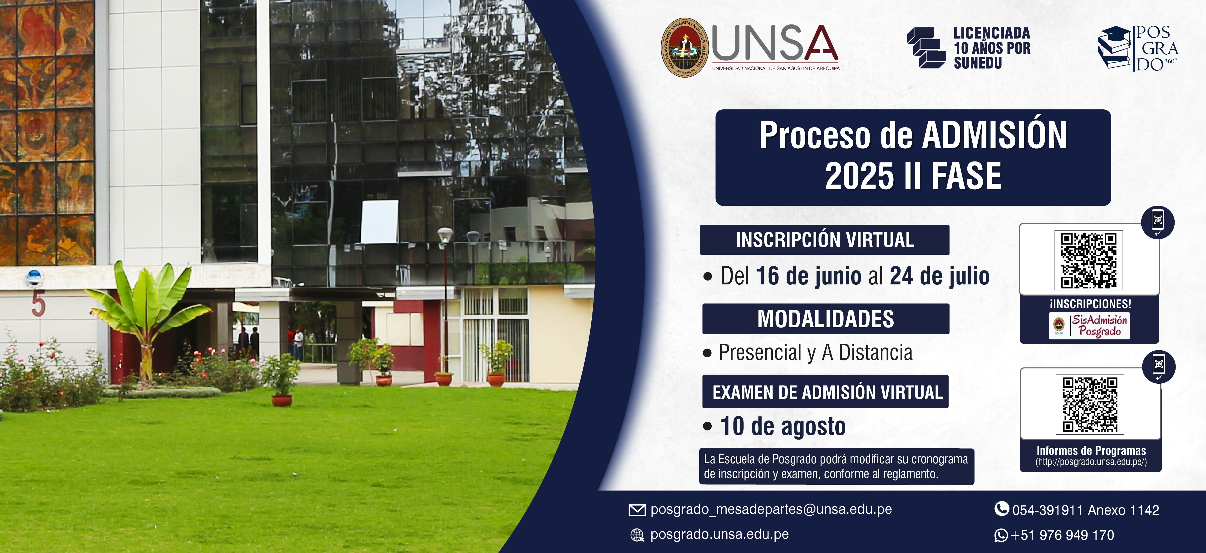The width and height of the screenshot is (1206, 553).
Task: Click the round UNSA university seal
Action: pos(684,47)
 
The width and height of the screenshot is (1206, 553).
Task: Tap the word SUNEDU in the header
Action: pos(978,63)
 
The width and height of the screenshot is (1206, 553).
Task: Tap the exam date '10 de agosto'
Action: pos(783,426)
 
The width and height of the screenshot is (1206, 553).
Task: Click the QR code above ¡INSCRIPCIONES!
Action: pos(1088,260)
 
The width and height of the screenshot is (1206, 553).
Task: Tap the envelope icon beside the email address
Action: pos(637,510)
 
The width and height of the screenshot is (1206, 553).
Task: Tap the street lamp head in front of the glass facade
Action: pos(445,234)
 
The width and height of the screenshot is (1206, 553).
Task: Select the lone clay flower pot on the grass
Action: pos(282,401)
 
